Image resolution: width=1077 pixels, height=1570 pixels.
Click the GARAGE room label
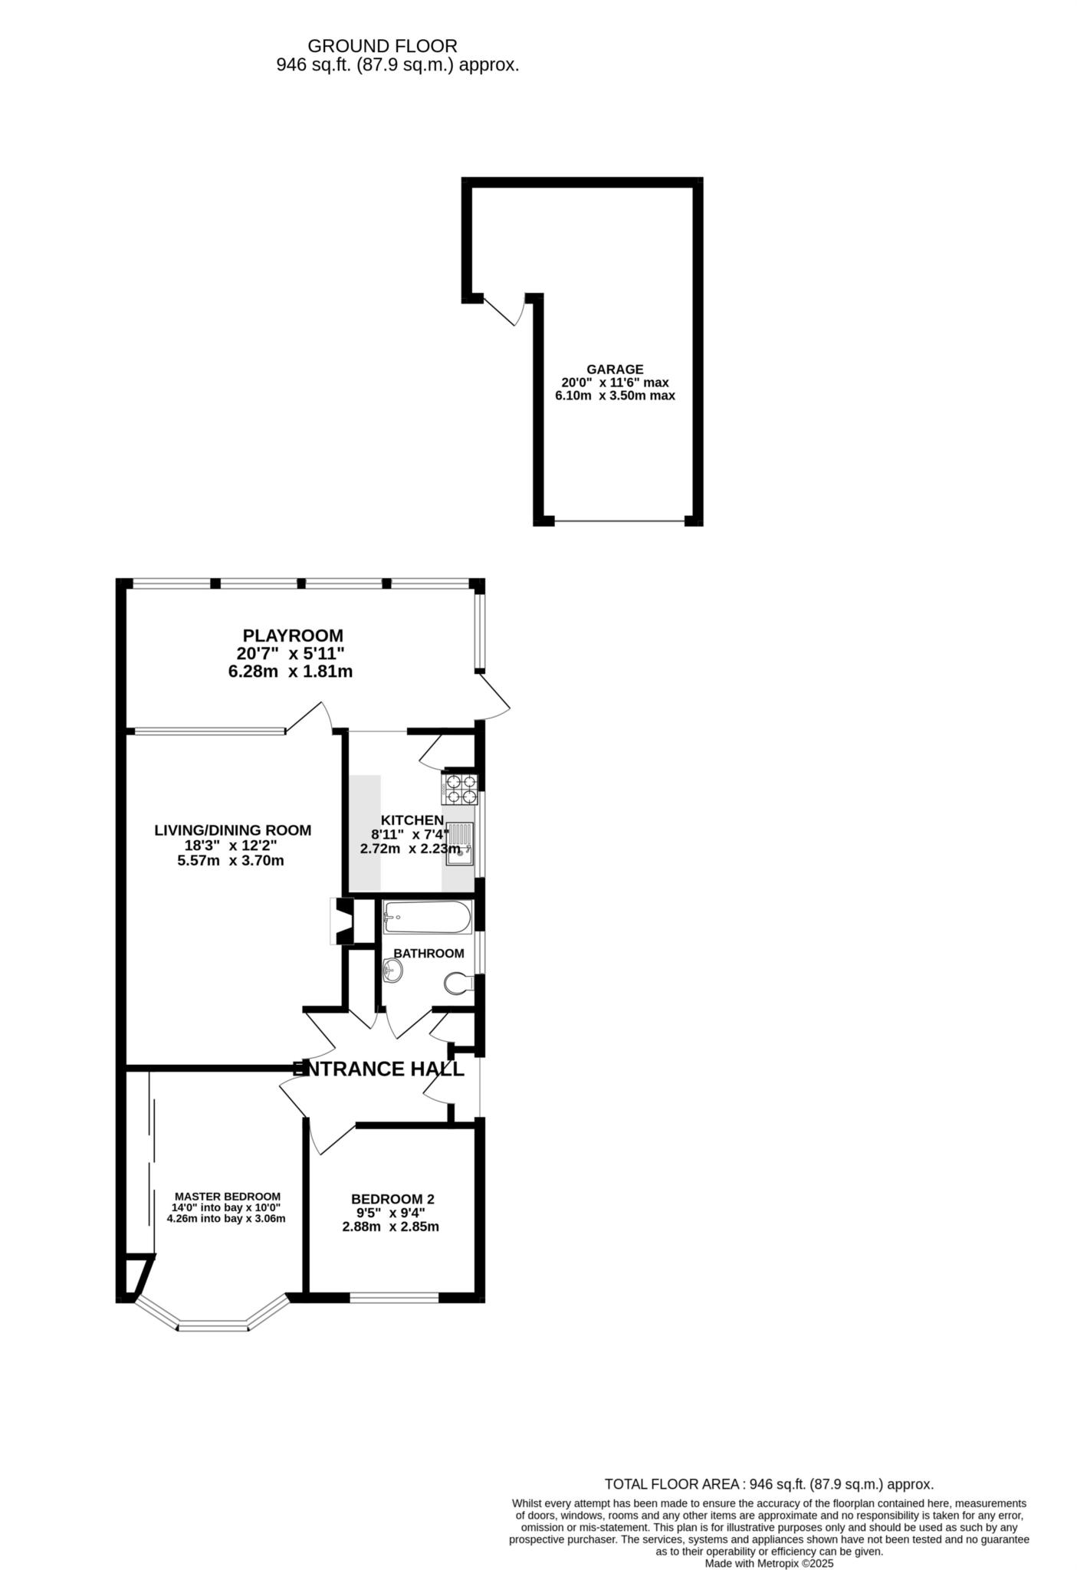615,369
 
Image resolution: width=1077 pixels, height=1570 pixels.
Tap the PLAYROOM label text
293,636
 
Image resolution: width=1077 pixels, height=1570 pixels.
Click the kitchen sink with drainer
460,843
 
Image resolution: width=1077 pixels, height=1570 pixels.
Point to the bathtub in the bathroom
428,917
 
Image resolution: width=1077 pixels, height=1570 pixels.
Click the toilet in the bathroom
459,984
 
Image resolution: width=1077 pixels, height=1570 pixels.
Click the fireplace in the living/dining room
343,921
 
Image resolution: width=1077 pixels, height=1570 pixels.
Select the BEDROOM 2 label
392,1199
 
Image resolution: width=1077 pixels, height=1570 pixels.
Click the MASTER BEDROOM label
228,1196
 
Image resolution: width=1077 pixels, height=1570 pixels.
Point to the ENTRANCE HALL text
379,1069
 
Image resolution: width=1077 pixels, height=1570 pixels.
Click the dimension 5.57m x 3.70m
231,861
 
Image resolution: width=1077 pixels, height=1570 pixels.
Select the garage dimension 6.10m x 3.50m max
615,396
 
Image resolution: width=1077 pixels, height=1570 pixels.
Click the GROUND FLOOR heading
382,46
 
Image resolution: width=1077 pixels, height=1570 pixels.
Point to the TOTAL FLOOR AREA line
769,1484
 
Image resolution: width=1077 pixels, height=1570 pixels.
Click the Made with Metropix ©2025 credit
769,1563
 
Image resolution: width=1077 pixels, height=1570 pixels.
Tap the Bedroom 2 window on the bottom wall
394,1298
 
